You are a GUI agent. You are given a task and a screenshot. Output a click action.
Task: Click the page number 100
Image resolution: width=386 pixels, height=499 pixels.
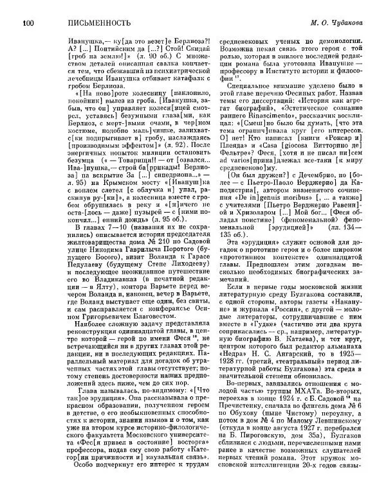pos(28,24)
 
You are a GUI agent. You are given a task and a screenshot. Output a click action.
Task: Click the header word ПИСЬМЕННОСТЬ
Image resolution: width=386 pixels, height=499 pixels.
pos(77,24)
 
